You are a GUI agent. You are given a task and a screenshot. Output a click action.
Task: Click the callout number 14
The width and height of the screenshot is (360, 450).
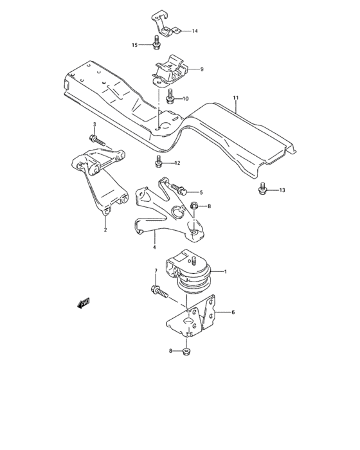coord(195,31)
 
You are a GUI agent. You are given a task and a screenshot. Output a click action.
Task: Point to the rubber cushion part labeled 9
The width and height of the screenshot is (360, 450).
coord(168,72)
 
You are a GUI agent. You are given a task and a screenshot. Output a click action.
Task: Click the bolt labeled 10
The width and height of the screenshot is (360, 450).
coord(170,97)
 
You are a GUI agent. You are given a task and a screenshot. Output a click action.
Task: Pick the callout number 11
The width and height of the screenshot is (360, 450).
coord(235,98)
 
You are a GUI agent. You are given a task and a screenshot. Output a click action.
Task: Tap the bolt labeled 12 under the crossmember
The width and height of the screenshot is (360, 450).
coord(159,161)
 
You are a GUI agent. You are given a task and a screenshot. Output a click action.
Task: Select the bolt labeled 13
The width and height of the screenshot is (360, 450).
coord(262,188)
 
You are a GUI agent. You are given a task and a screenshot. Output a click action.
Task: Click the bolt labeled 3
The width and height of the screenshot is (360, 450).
coord(95,138)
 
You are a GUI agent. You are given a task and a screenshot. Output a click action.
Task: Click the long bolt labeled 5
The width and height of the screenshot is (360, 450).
coord(177,189)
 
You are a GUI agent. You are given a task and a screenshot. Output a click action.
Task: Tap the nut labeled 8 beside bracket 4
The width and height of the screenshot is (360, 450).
coord(194,206)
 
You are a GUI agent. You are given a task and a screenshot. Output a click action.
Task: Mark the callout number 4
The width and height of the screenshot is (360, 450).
coord(154,246)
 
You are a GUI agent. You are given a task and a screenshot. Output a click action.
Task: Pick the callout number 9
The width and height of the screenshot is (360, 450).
coord(201,69)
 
